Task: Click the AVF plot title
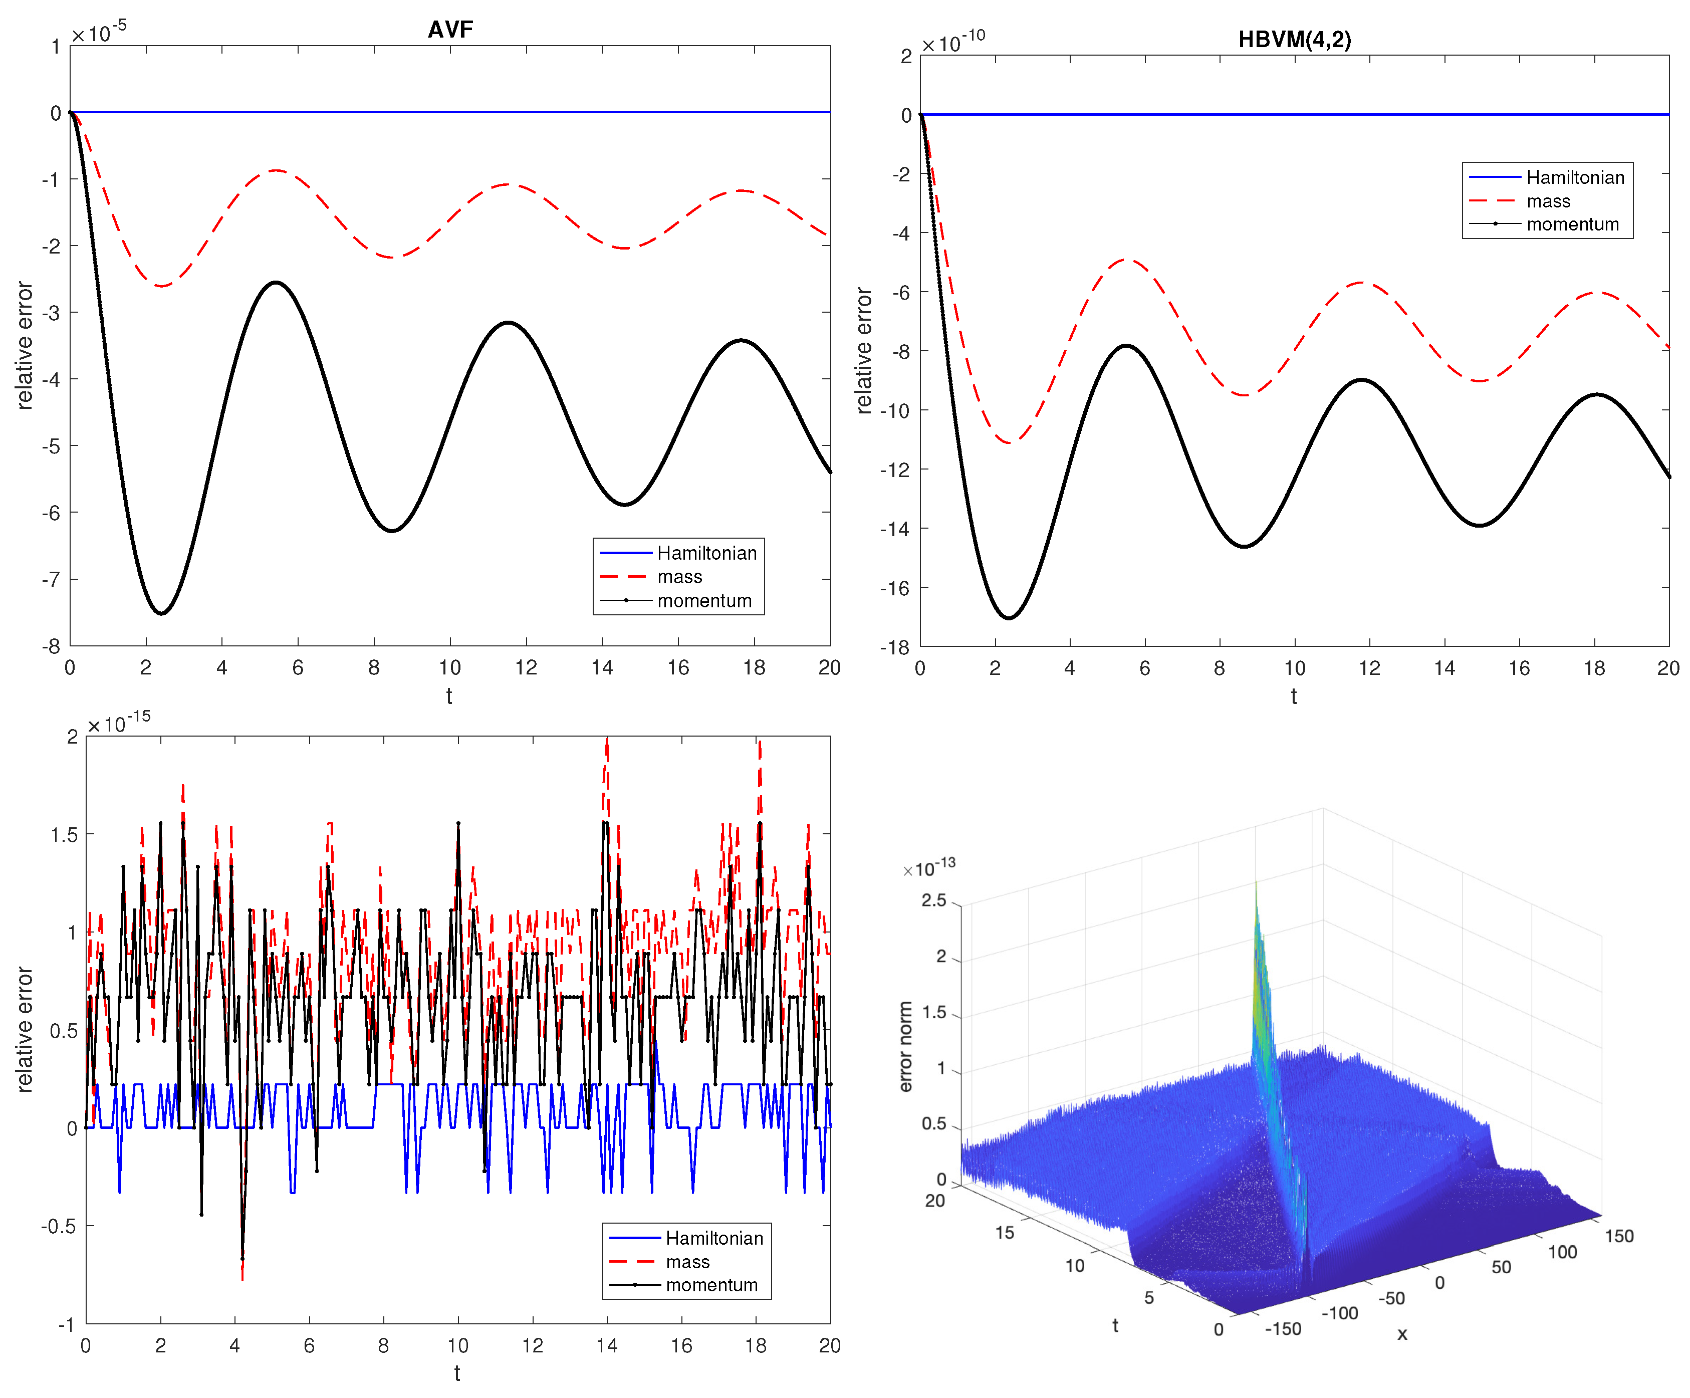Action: click(x=450, y=30)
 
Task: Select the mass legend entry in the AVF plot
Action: click(x=679, y=577)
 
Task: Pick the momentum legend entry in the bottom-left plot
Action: click(x=711, y=1285)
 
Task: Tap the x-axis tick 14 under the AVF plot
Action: click(x=602, y=667)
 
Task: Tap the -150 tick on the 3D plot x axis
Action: click(x=1283, y=1329)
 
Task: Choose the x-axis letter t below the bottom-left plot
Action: click(x=457, y=1373)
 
